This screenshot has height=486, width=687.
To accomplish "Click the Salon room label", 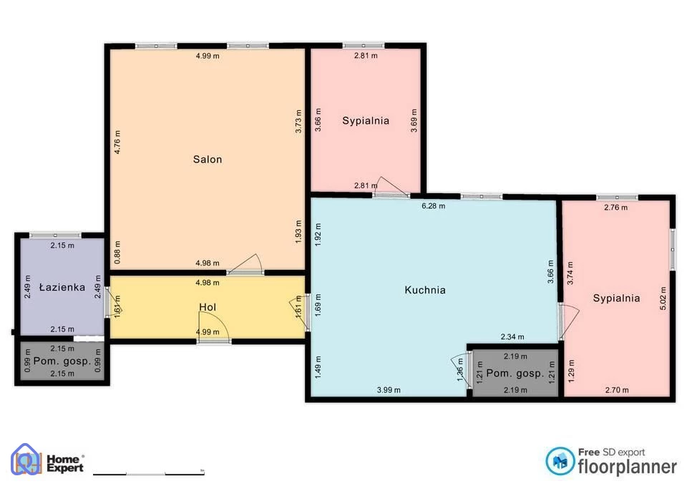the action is point(208,159).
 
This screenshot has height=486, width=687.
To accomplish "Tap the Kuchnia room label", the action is point(425,290).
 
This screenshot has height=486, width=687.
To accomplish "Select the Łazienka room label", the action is point(62,287).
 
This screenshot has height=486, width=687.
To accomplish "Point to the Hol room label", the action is point(208,307).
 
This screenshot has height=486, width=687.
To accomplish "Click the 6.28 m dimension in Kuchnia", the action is point(434,206).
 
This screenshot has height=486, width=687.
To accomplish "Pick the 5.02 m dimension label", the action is point(663,298).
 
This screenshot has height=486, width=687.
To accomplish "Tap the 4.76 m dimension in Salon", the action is point(117,142).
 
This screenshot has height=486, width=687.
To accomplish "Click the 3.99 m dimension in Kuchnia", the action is point(389,390).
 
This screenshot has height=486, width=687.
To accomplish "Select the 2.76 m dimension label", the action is point(615,208).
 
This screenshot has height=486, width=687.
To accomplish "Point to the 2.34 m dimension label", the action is point(512,336).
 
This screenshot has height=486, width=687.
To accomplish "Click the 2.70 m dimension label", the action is point(617,390).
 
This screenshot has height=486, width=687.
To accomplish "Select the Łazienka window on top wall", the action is point(55,235).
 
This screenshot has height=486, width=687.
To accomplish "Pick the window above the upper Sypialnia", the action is point(364,46).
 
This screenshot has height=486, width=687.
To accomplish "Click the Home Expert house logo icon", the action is point(26,460).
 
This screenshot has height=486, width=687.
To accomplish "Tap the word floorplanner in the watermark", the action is point(627,467).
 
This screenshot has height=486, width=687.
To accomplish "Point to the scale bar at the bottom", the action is point(149,474).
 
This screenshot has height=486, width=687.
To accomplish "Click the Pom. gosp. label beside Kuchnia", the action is point(515,374).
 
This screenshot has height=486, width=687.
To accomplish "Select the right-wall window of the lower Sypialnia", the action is point(673,249).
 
